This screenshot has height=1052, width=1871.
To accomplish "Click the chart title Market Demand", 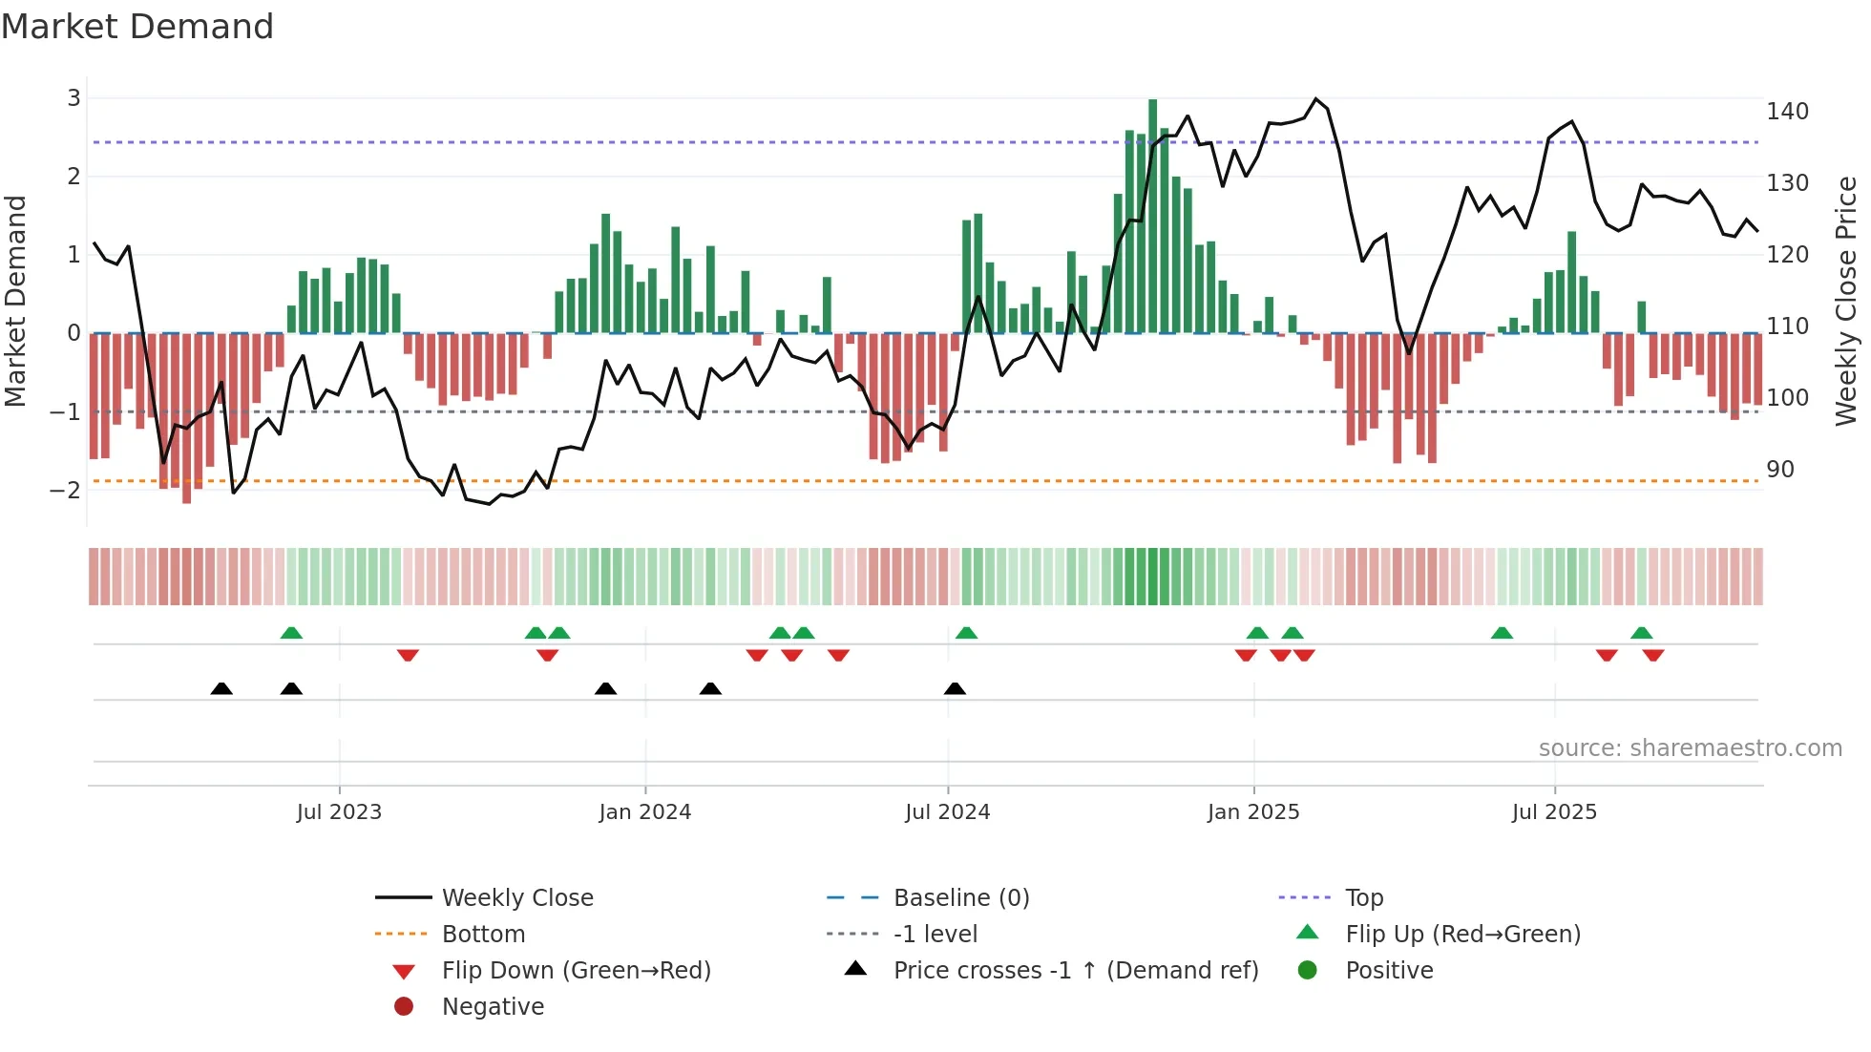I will point(137,27).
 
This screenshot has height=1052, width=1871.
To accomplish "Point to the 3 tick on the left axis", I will point(74,97).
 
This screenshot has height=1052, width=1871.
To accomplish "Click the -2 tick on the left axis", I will point(66,490).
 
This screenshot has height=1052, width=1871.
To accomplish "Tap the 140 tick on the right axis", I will point(1787,112).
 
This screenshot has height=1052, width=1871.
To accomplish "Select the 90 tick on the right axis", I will point(1779,470).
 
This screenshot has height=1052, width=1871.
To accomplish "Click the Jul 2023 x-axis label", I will point(339,812).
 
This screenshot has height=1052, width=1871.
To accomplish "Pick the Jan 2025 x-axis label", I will point(1252,812).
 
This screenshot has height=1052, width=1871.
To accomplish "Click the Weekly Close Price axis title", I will point(1846,301).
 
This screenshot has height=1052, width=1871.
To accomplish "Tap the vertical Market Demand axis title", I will point(16,301).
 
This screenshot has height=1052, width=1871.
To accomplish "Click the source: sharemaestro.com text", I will point(1690,748).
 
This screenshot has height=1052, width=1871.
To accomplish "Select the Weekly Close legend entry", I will point(516,898).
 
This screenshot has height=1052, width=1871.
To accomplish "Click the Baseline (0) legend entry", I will point(960,898).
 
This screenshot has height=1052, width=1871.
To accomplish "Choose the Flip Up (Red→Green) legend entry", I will point(1462,935).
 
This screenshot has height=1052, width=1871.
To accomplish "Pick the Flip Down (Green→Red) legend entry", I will point(576,971).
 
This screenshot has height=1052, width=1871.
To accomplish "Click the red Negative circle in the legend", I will point(404,1007).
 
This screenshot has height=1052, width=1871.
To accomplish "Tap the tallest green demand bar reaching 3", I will point(1152,215).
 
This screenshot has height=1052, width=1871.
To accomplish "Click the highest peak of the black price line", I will point(1315,99).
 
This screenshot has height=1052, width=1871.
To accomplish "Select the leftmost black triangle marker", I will point(221,689).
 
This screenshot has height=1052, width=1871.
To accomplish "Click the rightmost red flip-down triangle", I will point(1653,655).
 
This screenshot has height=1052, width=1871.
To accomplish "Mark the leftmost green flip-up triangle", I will point(291,633).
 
